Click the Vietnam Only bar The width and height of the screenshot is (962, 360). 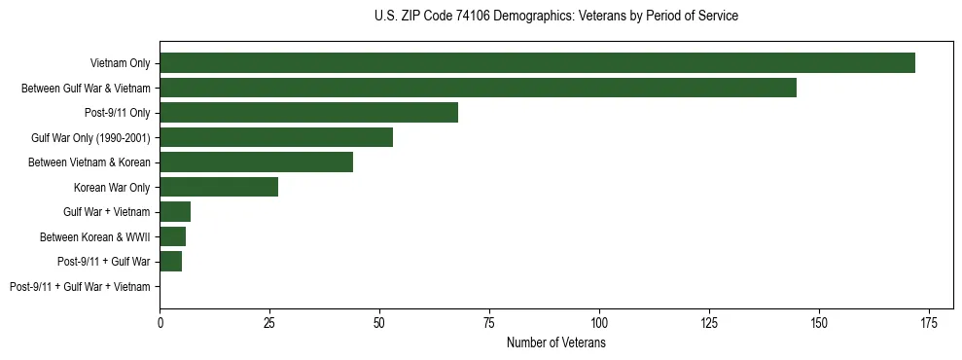(537, 63)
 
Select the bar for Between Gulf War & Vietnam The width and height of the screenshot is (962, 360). (478, 88)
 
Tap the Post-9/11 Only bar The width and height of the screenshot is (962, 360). (308, 113)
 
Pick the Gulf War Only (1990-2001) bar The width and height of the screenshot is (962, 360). (276, 137)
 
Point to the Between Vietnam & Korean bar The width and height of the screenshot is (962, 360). (256, 162)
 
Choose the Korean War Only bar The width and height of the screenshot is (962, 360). (219, 187)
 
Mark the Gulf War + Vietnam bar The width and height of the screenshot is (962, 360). (175, 212)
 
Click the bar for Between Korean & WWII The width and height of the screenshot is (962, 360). (172, 236)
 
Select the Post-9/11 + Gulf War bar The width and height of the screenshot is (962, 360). (170, 262)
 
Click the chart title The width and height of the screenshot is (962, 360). (555, 17)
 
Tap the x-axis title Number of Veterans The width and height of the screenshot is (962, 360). (555, 343)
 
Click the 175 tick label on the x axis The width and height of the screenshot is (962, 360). (929, 322)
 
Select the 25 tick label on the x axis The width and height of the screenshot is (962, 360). (269, 322)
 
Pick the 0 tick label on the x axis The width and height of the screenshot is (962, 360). (160, 322)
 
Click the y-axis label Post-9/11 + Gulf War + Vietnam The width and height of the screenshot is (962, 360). (80, 287)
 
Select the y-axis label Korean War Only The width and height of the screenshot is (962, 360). (112, 187)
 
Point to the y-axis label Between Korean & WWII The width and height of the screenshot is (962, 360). (94, 236)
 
